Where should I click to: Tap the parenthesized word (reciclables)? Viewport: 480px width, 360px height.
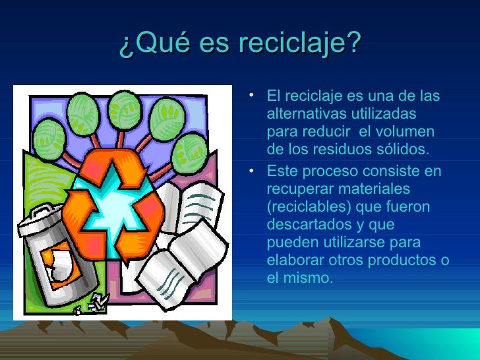[311, 207]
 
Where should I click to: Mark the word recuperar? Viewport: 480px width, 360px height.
[298, 189]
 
